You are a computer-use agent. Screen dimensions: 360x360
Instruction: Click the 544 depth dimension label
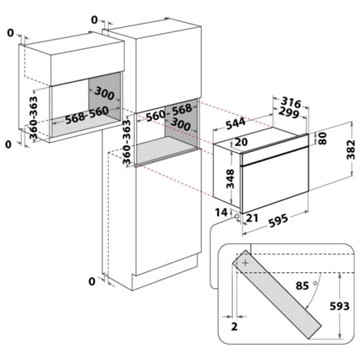click(236, 124)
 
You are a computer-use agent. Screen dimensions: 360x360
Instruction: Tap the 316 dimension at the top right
click(291, 102)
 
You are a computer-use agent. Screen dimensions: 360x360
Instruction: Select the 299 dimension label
click(289, 113)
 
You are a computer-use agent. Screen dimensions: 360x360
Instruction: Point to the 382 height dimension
click(350, 149)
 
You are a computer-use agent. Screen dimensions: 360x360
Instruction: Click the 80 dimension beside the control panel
click(323, 138)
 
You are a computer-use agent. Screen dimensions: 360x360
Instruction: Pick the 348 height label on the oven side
click(230, 179)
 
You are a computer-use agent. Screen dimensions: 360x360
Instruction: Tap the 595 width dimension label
click(278, 220)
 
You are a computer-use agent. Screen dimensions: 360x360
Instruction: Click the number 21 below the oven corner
click(251, 218)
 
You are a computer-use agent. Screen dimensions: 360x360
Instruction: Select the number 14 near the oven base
click(221, 212)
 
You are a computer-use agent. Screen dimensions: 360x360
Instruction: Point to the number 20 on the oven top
click(241, 142)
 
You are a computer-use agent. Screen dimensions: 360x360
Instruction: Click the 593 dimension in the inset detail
click(340, 306)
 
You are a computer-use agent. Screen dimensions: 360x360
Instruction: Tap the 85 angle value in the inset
click(302, 286)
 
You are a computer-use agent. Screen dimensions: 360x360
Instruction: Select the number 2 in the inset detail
click(234, 326)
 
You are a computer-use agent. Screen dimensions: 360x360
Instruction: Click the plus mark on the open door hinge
click(245, 263)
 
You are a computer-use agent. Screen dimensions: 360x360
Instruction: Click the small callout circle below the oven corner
click(236, 216)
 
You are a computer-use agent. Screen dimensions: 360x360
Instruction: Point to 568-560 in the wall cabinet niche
click(87, 115)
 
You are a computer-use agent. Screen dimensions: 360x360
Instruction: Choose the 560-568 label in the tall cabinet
click(169, 113)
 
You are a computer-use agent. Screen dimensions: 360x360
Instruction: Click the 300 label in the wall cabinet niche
click(104, 93)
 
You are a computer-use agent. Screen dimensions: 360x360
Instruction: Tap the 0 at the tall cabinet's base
click(92, 281)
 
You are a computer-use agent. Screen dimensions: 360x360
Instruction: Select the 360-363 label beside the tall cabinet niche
click(126, 142)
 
